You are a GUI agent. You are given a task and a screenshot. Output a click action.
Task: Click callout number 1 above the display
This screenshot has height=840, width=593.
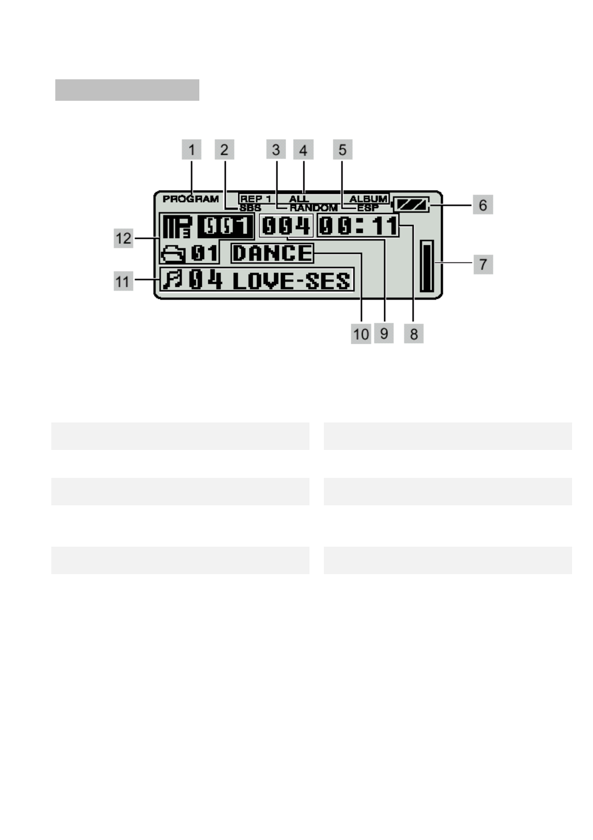pyautogui.click(x=191, y=150)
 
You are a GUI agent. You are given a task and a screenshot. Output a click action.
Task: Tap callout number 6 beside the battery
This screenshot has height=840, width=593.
pyautogui.click(x=482, y=205)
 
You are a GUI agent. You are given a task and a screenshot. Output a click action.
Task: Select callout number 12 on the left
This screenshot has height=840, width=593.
pyautogui.click(x=124, y=238)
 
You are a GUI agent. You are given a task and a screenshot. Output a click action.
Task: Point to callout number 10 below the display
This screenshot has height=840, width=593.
pyautogui.click(x=361, y=334)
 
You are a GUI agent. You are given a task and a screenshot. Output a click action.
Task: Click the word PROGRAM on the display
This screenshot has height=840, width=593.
pyautogui.click(x=191, y=199)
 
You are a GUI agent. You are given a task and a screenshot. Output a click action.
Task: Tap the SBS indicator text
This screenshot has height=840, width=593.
pyautogui.click(x=250, y=208)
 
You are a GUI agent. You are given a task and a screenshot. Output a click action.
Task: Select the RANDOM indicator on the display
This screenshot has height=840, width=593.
pyautogui.click(x=313, y=208)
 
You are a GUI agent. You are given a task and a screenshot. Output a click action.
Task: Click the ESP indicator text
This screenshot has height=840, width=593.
pyautogui.click(x=368, y=208)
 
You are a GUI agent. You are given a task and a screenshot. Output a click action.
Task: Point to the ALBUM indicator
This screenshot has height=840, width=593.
pyautogui.click(x=368, y=199)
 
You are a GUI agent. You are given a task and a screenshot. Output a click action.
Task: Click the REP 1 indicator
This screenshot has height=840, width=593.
pyautogui.click(x=256, y=199)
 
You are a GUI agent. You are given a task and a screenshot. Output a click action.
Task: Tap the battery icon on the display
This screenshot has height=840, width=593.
pyautogui.click(x=411, y=205)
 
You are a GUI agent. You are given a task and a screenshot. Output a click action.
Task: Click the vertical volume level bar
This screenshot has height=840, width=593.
pyautogui.click(x=427, y=265)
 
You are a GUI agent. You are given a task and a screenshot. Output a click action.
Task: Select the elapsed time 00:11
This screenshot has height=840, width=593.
pyautogui.click(x=358, y=226)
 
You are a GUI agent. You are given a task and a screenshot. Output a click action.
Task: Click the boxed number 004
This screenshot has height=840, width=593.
pyautogui.click(x=286, y=226)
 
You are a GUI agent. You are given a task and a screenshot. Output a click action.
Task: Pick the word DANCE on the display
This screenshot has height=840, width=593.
pyautogui.click(x=272, y=253)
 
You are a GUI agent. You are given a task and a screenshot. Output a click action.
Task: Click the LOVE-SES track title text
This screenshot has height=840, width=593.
pyautogui.click(x=292, y=281)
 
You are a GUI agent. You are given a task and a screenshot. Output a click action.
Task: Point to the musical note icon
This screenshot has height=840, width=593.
pyautogui.click(x=173, y=280)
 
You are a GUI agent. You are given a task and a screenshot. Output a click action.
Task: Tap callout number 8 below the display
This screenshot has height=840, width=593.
pyautogui.click(x=414, y=334)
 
